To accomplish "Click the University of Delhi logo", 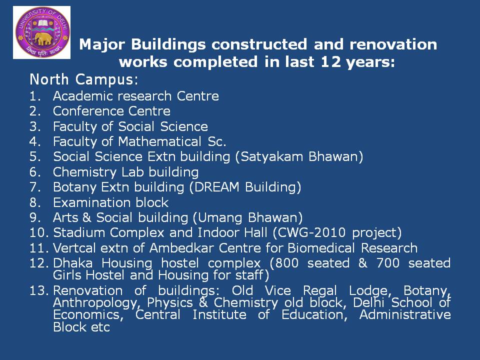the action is click(x=42, y=32).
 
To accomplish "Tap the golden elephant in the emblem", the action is click(x=42, y=39).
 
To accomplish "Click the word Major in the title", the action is click(x=102, y=44).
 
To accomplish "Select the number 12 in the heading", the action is click(x=330, y=61).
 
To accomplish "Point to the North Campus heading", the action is click(x=84, y=79).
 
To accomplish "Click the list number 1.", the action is click(x=35, y=96).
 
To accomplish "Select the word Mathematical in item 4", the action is click(x=159, y=141).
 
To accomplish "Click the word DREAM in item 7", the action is click(x=216, y=187).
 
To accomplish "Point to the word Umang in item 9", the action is click(x=220, y=218).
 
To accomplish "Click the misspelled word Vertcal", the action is click(x=74, y=248).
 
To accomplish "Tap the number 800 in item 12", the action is click(x=287, y=263).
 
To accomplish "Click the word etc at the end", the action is click(x=100, y=327).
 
